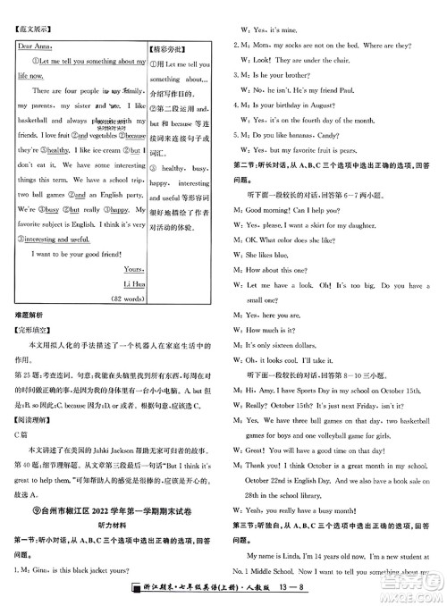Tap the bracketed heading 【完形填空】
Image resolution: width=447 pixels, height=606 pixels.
[30, 332]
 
